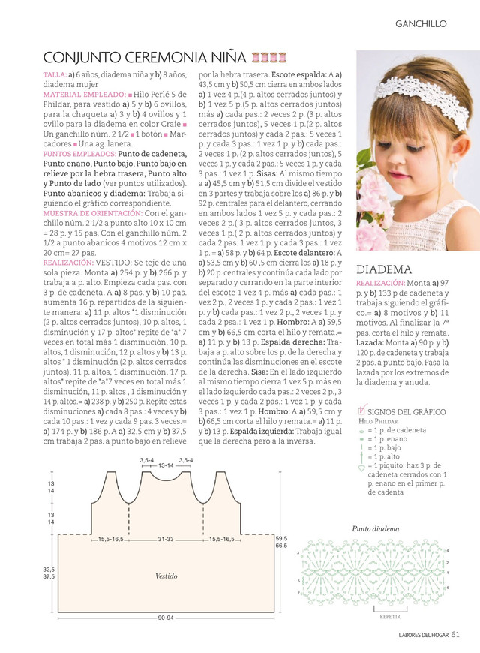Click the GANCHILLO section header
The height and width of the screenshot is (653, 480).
click(421, 24)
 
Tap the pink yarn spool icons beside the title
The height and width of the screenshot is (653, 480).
click(268, 57)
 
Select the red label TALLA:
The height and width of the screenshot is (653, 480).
click(55, 76)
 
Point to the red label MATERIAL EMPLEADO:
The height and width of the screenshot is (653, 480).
click(84, 95)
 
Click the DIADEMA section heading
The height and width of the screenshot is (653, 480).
click(384, 269)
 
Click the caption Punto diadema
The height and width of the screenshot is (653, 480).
click(376, 528)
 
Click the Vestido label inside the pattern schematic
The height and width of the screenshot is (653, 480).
click(166, 576)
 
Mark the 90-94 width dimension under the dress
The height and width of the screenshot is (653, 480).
click(165, 617)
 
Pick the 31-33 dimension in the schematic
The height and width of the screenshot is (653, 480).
click(166, 540)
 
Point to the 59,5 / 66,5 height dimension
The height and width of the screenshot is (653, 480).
click(281, 542)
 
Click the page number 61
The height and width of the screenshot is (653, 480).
click(455, 636)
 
